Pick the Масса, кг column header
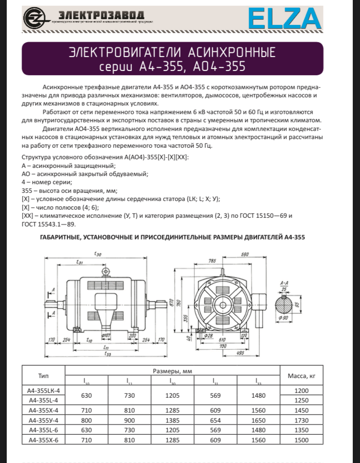(x=301, y=375)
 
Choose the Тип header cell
(x=43, y=375)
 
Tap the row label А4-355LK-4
(x=43, y=391)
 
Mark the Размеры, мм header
(x=172, y=371)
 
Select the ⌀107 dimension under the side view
(x=107, y=335)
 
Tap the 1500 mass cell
(x=301, y=440)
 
